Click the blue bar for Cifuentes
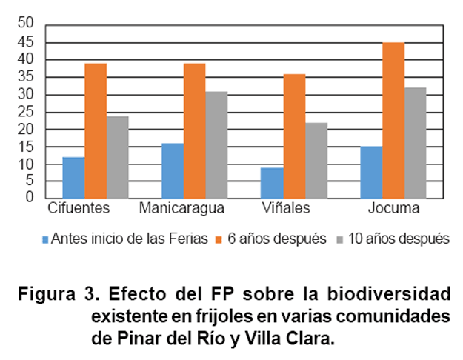coord(73,178)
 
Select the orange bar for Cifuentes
coord(96,130)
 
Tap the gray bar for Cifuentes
coord(117,157)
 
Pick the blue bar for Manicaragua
coord(173,170)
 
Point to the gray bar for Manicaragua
coord(216,144)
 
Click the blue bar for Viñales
coord(273,183)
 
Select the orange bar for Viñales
coord(294,136)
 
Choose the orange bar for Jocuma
coord(393,120)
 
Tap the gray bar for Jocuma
coord(415,143)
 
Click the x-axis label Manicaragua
coord(181,208)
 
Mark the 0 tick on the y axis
coord(30,197)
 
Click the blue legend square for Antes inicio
coord(46,239)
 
